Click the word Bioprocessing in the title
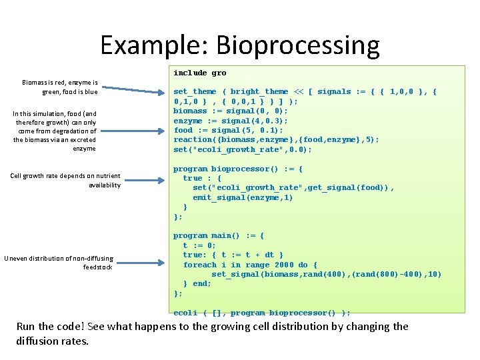click(x=297, y=46)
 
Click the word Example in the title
click(x=154, y=46)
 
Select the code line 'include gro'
click(x=199, y=73)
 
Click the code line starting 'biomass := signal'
click(x=230, y=111)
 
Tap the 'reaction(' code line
click(x=276, y=140)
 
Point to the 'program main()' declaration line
click(x=219, y=235)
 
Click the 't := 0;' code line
click(x=200, y=245)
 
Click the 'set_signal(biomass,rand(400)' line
click(x=326, y=274)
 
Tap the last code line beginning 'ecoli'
click(x=261, y=313)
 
